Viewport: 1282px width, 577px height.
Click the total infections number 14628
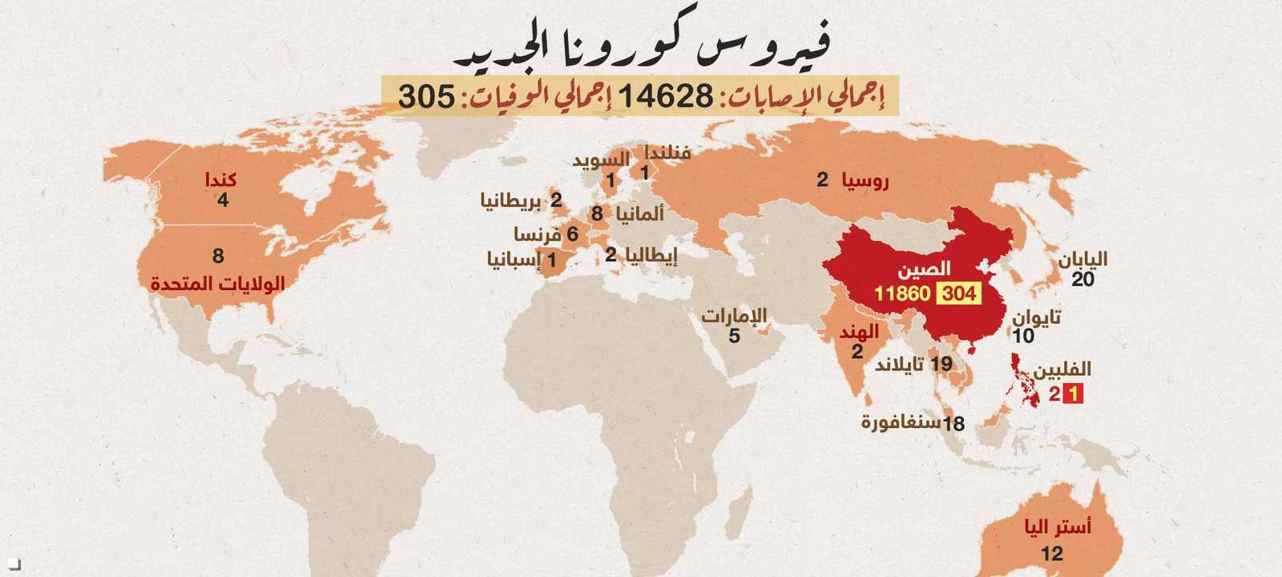tap(665, 96)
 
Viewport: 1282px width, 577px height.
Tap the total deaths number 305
tap(427, 96)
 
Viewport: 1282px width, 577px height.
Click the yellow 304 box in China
tap(959, 293)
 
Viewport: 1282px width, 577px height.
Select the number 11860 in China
tap(901, 293)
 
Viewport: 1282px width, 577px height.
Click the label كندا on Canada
tap(220, 180)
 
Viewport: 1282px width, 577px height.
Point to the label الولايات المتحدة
tap(218, 284)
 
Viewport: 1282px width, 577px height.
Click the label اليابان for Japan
tap(1082, 260)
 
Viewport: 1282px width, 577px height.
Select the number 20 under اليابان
tap(1082, 280)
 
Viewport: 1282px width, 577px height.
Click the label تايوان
tap(1036, 317)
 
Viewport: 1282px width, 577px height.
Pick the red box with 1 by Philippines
tap(1073, 393)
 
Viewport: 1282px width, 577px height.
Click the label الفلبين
tap(1062, 369)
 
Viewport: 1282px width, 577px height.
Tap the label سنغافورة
tap(901, 422)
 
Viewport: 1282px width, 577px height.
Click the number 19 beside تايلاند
tap(941, 364)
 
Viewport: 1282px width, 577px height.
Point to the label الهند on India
tap(859, 332)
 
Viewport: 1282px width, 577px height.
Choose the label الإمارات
tap(734, 316)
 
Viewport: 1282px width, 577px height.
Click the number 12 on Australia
tap(1052, 553)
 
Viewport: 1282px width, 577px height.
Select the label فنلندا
tap(667, 152)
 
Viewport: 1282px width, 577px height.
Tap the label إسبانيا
tap(514, 260)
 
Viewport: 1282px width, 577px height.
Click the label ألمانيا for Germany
tap(639, 214)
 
